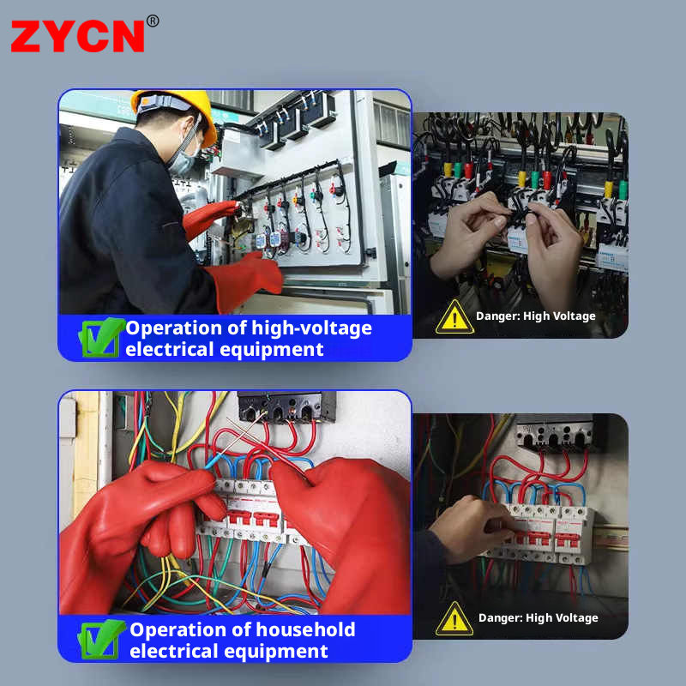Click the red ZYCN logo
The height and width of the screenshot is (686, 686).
click(77, 36)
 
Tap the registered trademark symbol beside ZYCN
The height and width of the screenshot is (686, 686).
click(153, 21)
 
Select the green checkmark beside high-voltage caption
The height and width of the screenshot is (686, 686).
click(101, 337)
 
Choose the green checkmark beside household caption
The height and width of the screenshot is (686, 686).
click(101, 639)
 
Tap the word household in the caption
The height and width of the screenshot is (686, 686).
click(305, 630)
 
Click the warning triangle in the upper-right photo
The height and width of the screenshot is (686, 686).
click(454, 316)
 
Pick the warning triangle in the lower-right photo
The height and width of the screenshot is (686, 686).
click(454, 618)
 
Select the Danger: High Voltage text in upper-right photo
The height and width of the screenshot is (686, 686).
click(535, 316)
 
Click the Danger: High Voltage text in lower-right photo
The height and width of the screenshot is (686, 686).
click(539, 617)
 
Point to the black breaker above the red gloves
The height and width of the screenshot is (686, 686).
click(287, 406)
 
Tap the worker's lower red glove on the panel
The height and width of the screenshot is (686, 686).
click(245, 280)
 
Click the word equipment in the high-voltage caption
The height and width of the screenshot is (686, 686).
click(272, 350)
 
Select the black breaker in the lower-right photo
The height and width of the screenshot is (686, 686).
click(555, 434)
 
